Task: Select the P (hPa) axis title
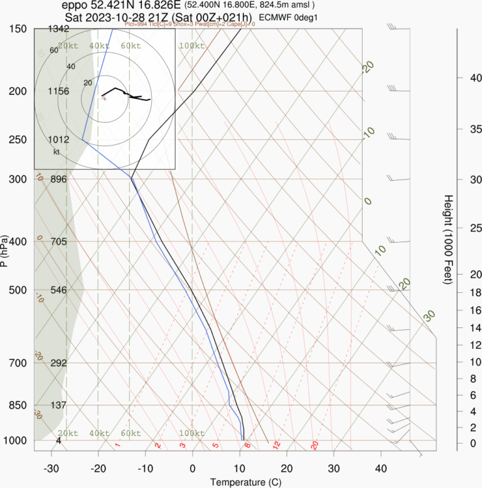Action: coord(5,251)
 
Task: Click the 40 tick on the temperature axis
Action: coord(381,469)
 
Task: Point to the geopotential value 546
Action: coord(58,290)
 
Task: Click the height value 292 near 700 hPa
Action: coord(58,363)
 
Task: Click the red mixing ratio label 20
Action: coord(314,445)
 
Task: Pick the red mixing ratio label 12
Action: coord(276,445)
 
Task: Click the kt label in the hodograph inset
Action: coord(56,152)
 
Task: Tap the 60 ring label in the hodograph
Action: coord(54,51)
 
